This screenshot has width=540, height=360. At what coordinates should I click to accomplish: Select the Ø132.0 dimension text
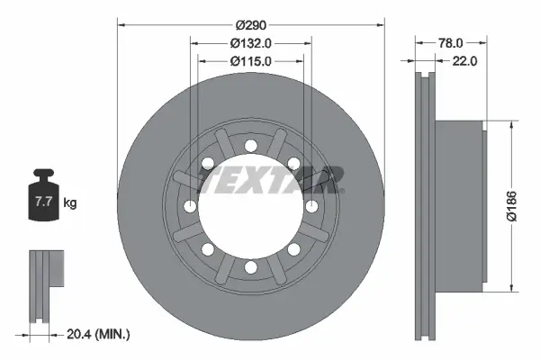pos(251,42)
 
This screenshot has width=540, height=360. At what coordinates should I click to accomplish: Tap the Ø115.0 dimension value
pos(251,61)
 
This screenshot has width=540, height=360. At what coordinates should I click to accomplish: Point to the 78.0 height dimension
pos(451,42)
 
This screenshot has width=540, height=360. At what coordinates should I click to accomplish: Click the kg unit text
pos(70,203)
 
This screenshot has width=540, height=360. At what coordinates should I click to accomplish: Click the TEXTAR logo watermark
pos(271,180)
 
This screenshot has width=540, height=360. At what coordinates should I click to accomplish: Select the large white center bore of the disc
pos(251,216)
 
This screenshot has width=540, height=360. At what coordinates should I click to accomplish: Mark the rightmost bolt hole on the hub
pos(311,206)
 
